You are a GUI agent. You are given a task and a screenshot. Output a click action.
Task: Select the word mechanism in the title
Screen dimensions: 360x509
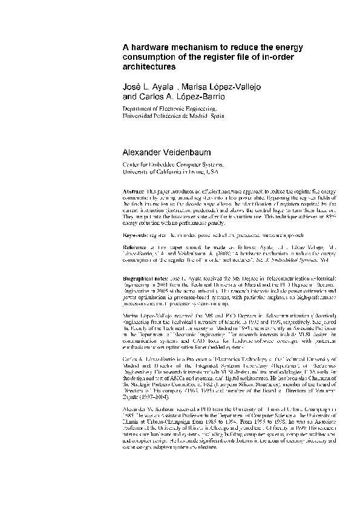click(x=194, y=47)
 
